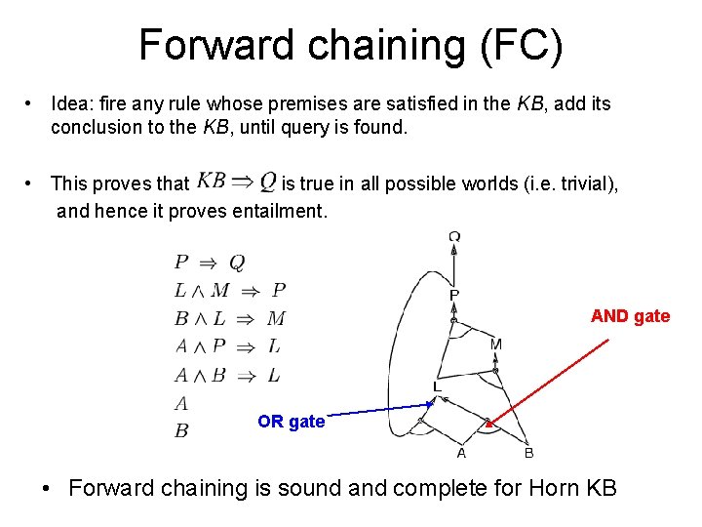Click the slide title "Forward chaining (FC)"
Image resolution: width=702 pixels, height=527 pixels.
pyautogui.click(x=350, y=46)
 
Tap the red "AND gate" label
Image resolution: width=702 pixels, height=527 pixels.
pyautogui.click(x=630, y=316)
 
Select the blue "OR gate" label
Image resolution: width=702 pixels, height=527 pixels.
pyautogui.click(x=291, y=422)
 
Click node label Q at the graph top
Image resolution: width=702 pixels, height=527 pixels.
pyautogui.click(x=454, y=235)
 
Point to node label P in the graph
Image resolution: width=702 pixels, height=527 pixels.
pyautogui.click(x=454, y=294)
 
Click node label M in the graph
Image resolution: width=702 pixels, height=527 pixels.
pyautogui.click(x=495, y=345)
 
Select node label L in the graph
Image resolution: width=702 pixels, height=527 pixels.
pyautogui.click(x=438, y=387)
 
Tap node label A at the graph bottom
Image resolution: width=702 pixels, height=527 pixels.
pyautogui.click(x=461, y=453)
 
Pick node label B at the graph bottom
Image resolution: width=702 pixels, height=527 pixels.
pyautogui.click(x=528, y=453)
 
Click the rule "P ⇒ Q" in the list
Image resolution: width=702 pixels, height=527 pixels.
pyautogui.click(x=209, y=262)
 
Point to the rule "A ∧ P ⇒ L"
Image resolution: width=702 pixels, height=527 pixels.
pyautogui.click(x=227, y=346)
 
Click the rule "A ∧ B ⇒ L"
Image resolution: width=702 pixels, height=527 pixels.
pyautogui.click(x=227, y=375)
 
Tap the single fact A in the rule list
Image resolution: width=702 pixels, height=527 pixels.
pyautogui.click(x=181, y=403)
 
